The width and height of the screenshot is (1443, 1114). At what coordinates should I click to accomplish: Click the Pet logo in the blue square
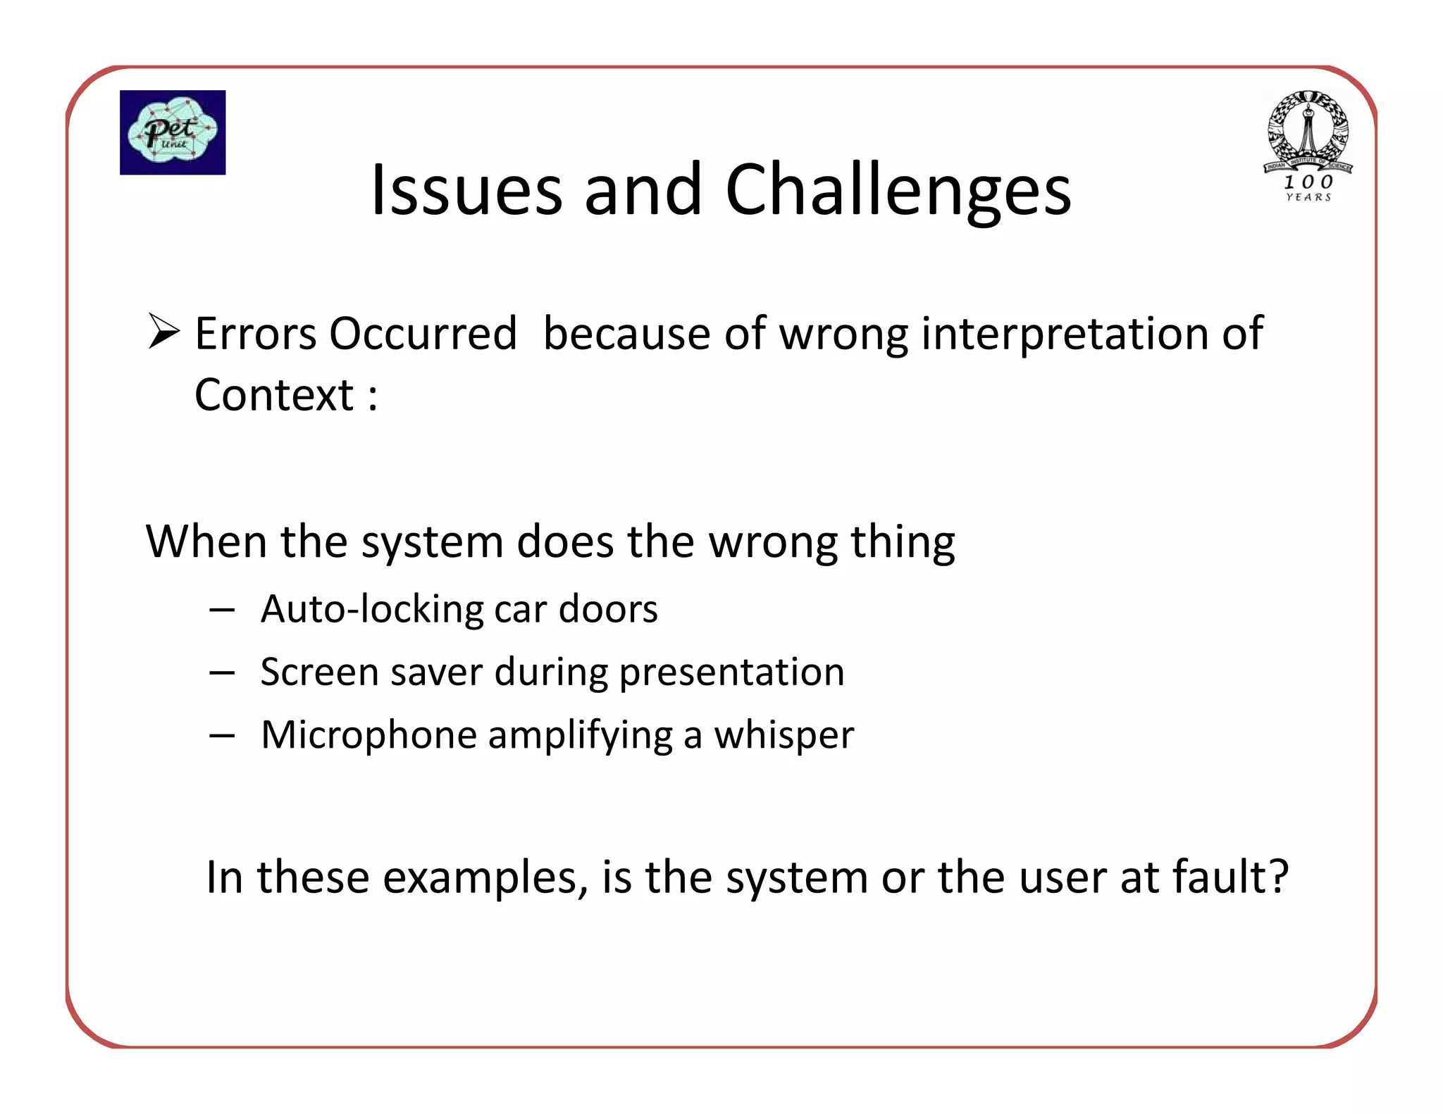pyautogui.click(x=173, y=132)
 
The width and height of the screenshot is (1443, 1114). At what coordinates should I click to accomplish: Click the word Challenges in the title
pyautogui.click(x=898, y=190)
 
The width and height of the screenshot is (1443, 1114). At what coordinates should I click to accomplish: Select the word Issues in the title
pyautogui.click(x=466, y=190)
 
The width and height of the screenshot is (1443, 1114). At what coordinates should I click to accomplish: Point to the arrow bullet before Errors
pyautogui.click(x=163, y=332)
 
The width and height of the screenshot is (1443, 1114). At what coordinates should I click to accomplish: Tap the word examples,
pyautogui.click(x=485, y=879)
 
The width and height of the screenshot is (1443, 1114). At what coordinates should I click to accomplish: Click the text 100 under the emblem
pyautogui.click(x=1308, y=182)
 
